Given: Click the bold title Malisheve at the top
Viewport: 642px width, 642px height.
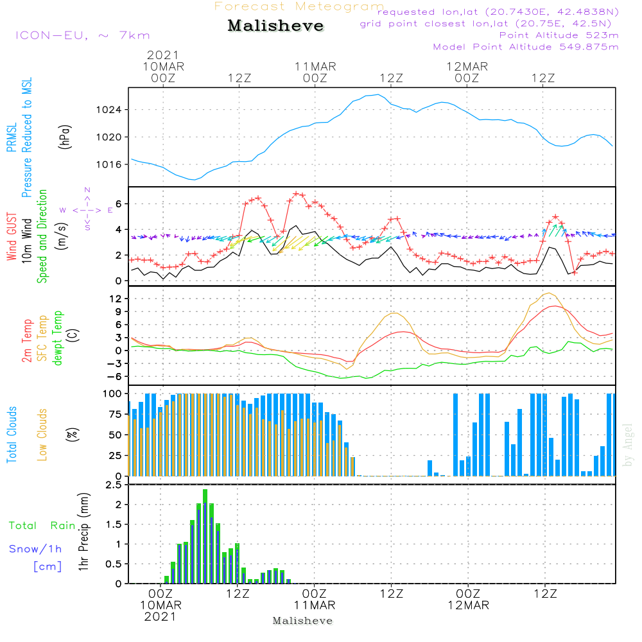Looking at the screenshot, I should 275,26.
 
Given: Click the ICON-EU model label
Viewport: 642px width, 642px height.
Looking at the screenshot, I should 82,35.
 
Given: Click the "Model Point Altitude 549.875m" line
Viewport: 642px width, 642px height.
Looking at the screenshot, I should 526,47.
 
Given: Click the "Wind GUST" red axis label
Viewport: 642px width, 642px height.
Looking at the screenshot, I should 12,237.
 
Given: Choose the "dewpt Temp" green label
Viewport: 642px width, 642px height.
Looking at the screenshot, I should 58,338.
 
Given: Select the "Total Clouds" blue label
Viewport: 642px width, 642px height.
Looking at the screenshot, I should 12,435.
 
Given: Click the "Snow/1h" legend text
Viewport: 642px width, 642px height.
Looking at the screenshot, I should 35,549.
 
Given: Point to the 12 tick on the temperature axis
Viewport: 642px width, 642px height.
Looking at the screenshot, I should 116,299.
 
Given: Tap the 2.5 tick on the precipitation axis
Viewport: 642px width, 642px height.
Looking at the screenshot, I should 113,485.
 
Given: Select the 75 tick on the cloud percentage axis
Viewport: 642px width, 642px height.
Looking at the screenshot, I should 115,414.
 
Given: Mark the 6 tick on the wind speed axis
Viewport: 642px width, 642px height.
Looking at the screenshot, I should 119,204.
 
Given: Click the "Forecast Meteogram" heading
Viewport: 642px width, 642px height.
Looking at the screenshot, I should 299,7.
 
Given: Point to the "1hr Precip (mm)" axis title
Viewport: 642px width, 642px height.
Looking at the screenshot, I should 82,534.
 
